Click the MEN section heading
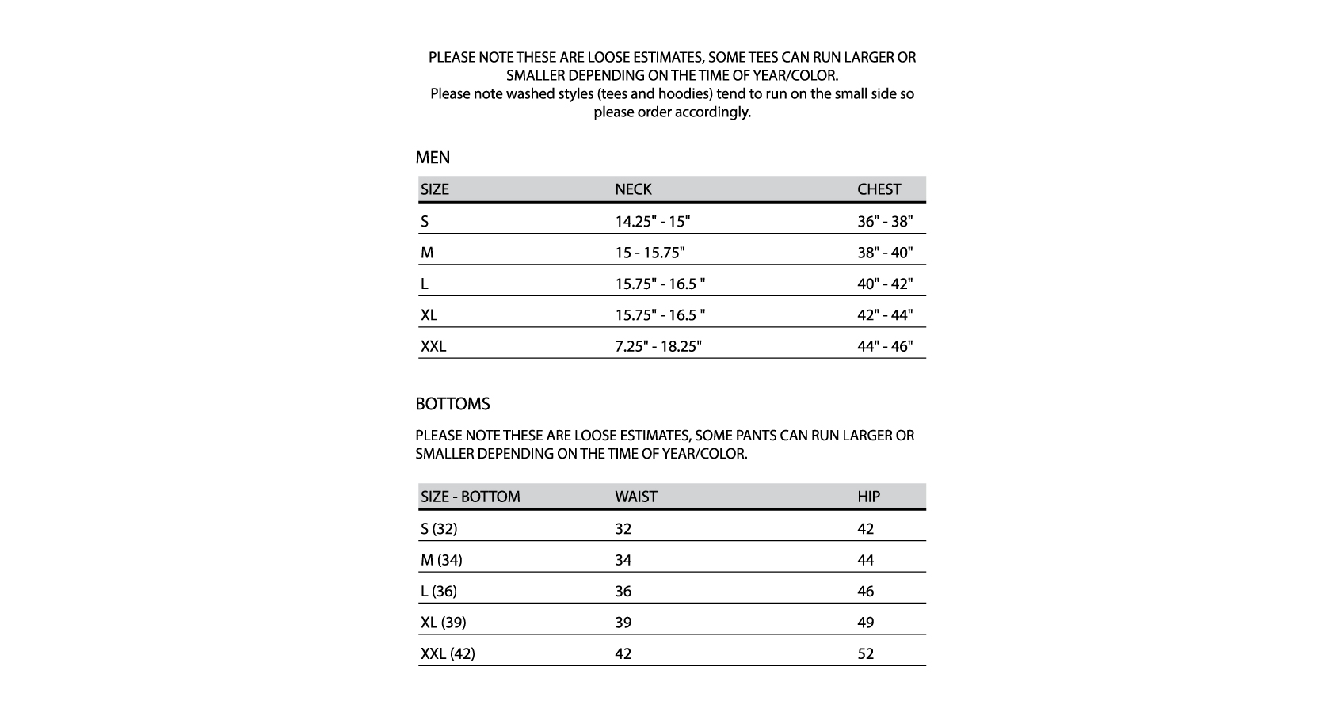433,158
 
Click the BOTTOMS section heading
452,404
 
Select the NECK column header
633,189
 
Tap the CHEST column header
879,189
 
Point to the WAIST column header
635,497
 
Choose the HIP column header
868,497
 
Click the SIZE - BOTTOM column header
470,497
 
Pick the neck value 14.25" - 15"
652,221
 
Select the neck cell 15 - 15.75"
650,253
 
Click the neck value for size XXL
658,346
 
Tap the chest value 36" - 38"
884,221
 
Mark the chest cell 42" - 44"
884,315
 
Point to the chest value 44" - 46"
884,346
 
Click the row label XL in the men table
429,315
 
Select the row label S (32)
439,528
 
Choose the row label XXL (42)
448,653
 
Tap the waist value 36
623,591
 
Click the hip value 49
865,623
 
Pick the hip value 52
865,653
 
